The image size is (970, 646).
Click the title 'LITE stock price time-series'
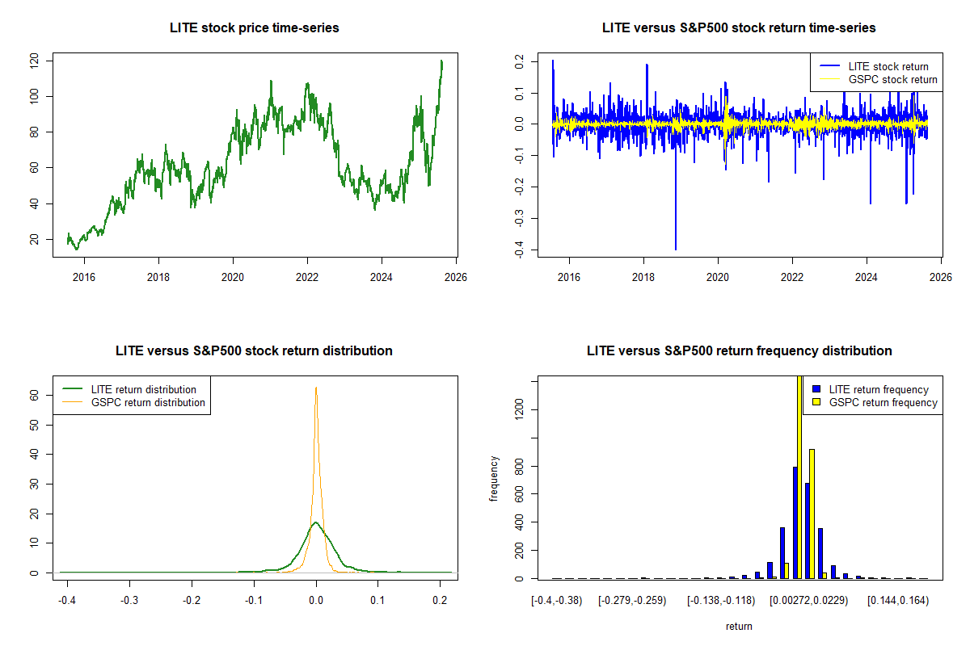coord(254,28)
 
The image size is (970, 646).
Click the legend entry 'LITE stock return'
coord(888,66)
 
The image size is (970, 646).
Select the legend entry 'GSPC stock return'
coord(892,79)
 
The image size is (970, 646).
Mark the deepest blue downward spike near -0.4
coord(676,249)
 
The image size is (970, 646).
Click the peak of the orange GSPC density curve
coord(316,388)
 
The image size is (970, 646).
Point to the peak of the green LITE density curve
coord(315,522)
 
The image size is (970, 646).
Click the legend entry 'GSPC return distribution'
coord(148,402)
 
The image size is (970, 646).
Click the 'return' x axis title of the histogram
coord(739,626)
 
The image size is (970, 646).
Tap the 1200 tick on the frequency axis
coord(519,409)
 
